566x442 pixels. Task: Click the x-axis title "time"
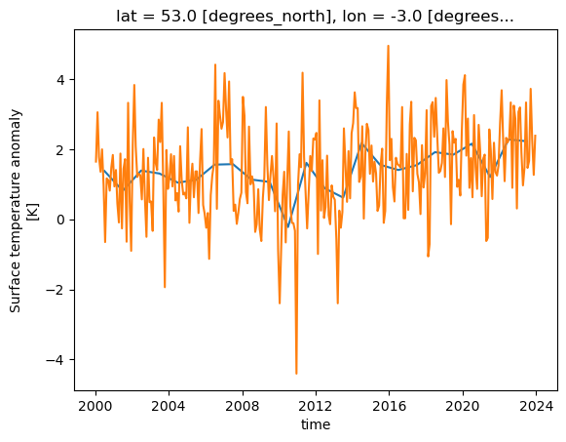coord(316,424)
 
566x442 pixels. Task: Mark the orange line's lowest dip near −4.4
coord(296,374)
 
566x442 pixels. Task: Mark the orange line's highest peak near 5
coord(388,46)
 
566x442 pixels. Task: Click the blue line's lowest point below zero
coord(288,228)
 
